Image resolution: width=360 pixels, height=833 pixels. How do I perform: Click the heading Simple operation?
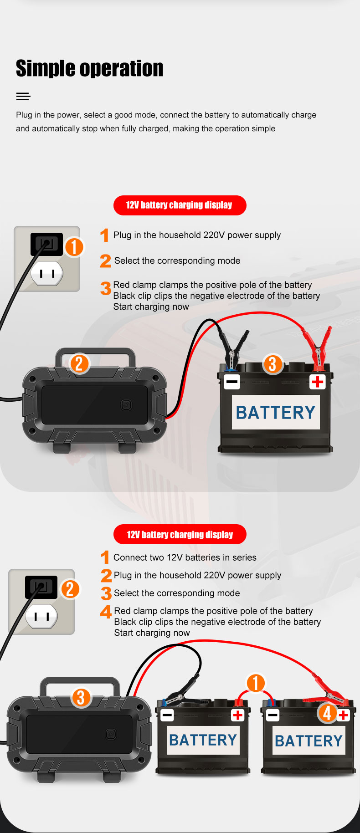[x=89, y=68]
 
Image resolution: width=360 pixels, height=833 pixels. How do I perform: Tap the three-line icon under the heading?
[x=23, y=96]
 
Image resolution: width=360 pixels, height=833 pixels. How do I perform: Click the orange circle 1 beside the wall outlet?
[x=74, y=247]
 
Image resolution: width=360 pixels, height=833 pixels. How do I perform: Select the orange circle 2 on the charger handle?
[x=79, y=363]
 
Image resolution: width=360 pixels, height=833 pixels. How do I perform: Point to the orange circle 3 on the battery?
[x=273, y=364]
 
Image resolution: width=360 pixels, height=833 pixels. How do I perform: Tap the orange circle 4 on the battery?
[x=327, y=713]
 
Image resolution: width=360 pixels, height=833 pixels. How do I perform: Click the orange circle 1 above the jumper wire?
[x=256, y=683]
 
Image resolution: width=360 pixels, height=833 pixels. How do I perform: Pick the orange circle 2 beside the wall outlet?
[x=70, y=589]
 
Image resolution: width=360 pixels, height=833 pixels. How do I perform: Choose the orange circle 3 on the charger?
[x=81, y=698]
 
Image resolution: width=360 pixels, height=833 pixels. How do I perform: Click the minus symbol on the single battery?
[x=232, y=382]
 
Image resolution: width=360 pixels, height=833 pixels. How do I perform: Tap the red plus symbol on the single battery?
[x=317, y=382]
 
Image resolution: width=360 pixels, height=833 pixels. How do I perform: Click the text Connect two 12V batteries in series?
[x=185, y=557]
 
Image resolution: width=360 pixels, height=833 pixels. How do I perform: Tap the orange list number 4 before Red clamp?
[x=106, y=611]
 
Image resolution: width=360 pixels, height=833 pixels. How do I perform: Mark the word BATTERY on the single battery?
[x=275, y=413]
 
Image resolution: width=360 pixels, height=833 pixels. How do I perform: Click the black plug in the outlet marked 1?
[x=46, y=244]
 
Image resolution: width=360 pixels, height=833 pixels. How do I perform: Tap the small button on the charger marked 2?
[x=126, y=405]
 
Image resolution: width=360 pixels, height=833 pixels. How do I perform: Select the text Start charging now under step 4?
[x=152, y=633]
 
